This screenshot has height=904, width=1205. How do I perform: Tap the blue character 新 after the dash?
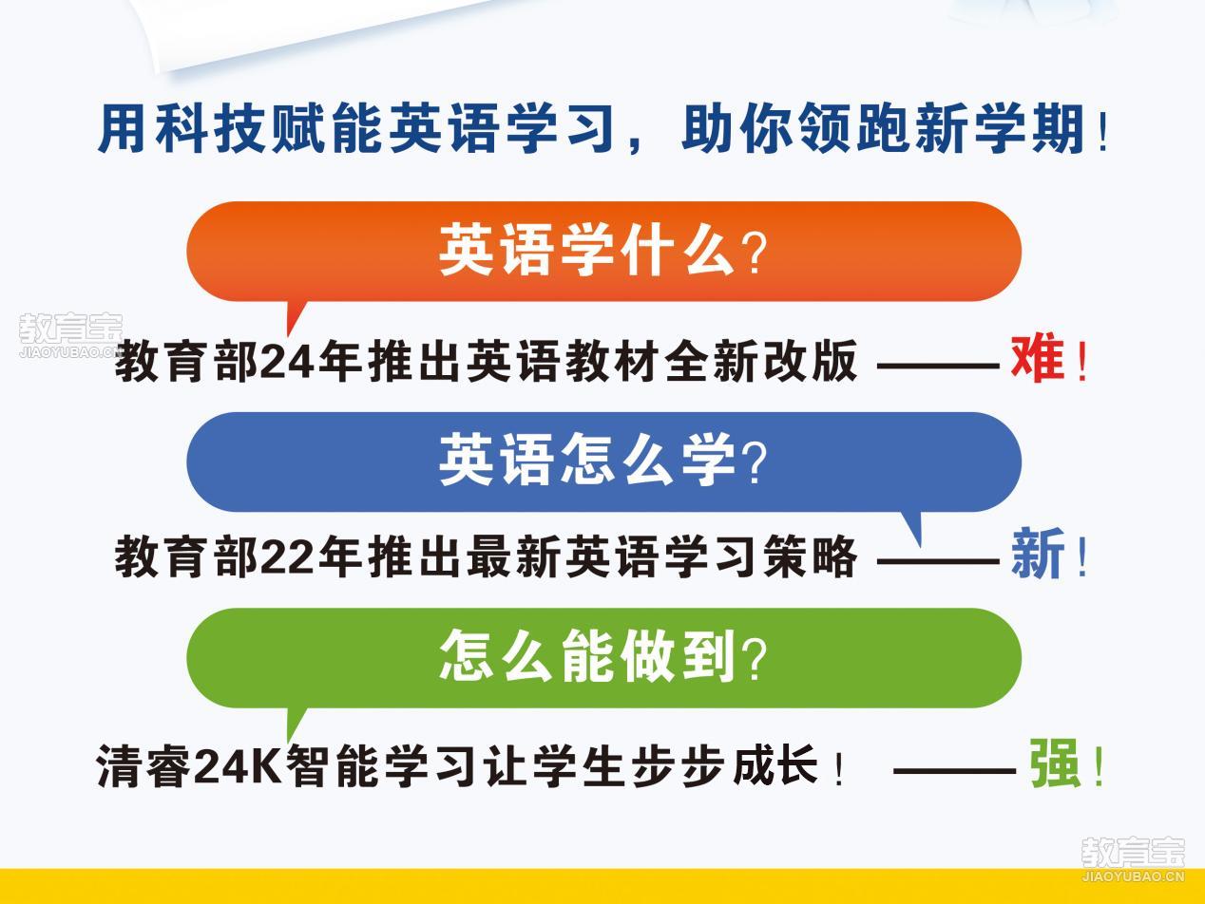(x=1038, y=554)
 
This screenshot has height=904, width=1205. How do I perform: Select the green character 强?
(x=1054, y=763)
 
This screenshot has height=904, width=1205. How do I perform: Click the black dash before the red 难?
(x=938, y=365)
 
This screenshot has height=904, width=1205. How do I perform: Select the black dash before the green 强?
(x=954, y=771)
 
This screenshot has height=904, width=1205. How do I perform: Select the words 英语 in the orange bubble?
(x=495, y=250)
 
